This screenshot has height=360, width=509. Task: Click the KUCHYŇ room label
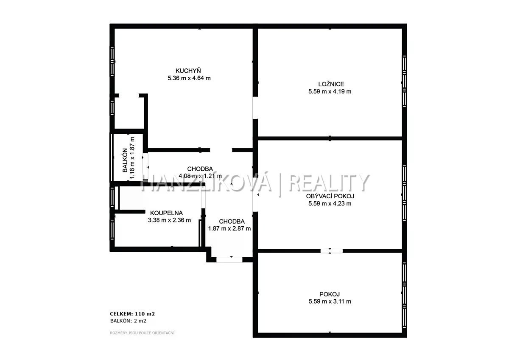click(188, 71)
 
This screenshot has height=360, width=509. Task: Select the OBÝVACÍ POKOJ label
click(330, 196)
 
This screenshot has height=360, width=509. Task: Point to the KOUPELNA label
click(166, 213)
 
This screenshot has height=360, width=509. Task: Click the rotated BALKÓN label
click(125, 160)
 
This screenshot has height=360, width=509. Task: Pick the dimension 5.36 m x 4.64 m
click(189, 78)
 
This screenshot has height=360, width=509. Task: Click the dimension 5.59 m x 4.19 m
click(330, 91)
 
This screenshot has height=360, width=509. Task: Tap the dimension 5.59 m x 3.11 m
click(330, 301)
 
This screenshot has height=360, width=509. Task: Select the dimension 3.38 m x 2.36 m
click(169, 220)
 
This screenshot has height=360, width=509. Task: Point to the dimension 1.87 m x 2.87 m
click(229, 228)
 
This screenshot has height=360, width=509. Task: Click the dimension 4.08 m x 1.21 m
click(200, 176)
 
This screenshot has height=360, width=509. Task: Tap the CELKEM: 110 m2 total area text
click(132, 314)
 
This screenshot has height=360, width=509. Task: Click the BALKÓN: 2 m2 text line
click(128, 321)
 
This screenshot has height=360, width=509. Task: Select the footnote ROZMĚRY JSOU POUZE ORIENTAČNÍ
click(142, 333)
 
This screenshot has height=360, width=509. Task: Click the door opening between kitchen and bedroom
click(255, 108)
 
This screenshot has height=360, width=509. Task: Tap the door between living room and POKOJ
click(332, 251)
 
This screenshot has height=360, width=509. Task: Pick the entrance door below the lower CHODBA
click(229, 260)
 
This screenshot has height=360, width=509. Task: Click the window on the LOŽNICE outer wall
click(404, 81)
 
